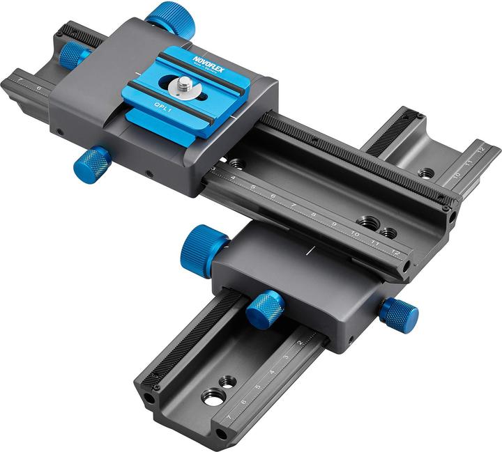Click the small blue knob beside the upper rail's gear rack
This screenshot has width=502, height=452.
coord(73,54)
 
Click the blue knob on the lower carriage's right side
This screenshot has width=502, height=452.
coord(400,315)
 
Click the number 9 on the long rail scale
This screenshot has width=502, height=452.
coord(334,224)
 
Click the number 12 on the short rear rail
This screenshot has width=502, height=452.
coord(480,148)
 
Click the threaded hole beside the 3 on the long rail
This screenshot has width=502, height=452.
coord(238,164)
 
